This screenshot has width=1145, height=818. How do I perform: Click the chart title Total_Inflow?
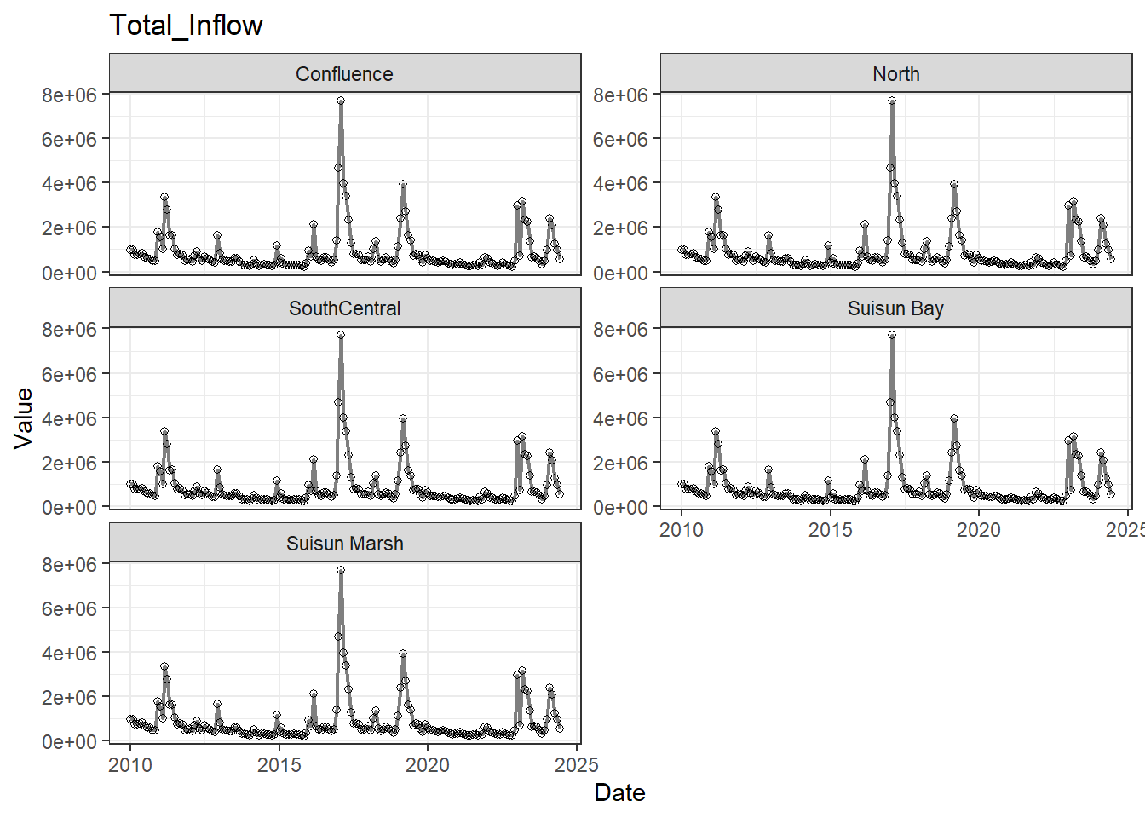pos(186,26)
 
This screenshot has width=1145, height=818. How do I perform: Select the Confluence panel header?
pos(344,74)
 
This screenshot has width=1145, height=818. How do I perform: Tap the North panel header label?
pos(895,74)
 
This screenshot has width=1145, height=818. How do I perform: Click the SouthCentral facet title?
pos(344,308)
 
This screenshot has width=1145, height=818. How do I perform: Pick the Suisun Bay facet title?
pos(895,308)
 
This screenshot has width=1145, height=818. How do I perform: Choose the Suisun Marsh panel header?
pos(344,544)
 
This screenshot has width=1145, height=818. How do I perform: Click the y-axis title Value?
pos(23,418)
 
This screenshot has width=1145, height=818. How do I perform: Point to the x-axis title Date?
pos(619,792)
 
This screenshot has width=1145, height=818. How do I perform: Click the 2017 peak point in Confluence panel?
pos(341,101)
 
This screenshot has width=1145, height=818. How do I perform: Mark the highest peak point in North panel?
pos(892,101)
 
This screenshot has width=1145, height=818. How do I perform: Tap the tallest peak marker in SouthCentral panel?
pos(341,335)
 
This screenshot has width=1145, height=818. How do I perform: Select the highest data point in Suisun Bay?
pos(892,335)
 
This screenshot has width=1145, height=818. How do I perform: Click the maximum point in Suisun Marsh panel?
pos(341,570)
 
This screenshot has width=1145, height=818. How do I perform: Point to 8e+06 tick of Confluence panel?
pos(69,95)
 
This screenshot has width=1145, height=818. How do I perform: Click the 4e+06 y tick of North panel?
pos(620,183)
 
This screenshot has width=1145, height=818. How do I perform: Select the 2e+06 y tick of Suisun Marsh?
pos(69,697)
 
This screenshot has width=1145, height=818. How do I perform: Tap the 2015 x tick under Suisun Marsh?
pos(279,765)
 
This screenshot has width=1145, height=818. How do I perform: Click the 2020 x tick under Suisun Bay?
pos(978,530)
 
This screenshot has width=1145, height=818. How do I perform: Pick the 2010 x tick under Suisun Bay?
pos(682,530)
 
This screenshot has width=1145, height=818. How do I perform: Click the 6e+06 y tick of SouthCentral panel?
pos(69,374)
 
